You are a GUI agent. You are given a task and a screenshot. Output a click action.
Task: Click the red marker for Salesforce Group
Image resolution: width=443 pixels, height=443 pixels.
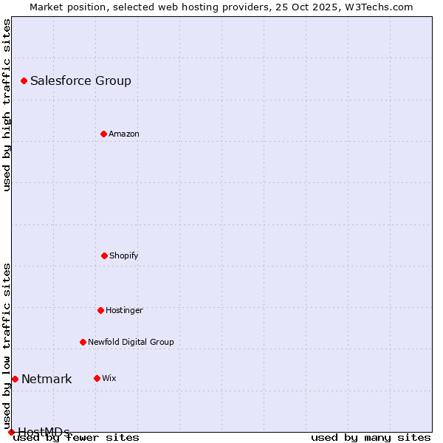click(x=24, y=80)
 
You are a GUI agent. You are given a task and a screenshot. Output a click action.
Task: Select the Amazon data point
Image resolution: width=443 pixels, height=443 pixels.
click(x=103, y=134)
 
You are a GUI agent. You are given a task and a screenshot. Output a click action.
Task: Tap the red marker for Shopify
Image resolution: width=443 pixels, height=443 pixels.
click(x=104, y=255)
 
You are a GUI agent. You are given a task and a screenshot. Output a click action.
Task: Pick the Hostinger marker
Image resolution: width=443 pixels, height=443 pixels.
click(x=100, y=310)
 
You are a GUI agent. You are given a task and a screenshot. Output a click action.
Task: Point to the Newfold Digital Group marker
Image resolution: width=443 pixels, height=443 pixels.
click(x=83, y=342)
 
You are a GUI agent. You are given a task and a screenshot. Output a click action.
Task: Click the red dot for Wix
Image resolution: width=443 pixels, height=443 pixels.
click(x=97, y=378)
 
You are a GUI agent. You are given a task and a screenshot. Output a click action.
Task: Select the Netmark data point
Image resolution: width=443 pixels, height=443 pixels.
click(x=15, y=379)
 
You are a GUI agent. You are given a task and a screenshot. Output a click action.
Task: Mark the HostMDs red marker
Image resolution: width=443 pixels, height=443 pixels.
click(x=11, y=432)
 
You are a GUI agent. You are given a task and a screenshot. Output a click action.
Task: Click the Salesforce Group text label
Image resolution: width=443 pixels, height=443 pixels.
click(x=80, y=81)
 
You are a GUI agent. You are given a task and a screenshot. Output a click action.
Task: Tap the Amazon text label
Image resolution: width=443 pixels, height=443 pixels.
click(x=124, y=134)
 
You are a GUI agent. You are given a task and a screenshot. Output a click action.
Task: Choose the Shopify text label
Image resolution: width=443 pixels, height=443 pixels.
click(x=124, y=256)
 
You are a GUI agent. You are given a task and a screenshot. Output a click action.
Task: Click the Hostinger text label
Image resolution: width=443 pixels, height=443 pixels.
click(x=124, y=311)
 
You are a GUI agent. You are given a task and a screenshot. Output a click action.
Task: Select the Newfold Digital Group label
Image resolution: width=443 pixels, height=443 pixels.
click(x=131, y=343)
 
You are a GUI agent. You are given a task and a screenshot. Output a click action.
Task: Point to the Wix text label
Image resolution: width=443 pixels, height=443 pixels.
click(x=109, y=379)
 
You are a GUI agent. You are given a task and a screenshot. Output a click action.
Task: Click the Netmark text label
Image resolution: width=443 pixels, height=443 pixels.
click(x=47, y=380)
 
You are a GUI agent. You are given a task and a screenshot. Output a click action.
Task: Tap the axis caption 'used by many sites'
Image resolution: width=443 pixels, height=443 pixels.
click(x=371, y=438)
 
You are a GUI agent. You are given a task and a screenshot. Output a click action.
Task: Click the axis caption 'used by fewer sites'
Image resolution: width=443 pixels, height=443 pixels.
click(x=77, y=438)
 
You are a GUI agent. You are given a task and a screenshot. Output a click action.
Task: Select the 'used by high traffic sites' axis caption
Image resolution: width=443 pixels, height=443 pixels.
click(x=7, y=105)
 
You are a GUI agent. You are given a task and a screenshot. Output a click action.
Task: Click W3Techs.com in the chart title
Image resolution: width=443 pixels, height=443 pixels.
click(x=376, y=7)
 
